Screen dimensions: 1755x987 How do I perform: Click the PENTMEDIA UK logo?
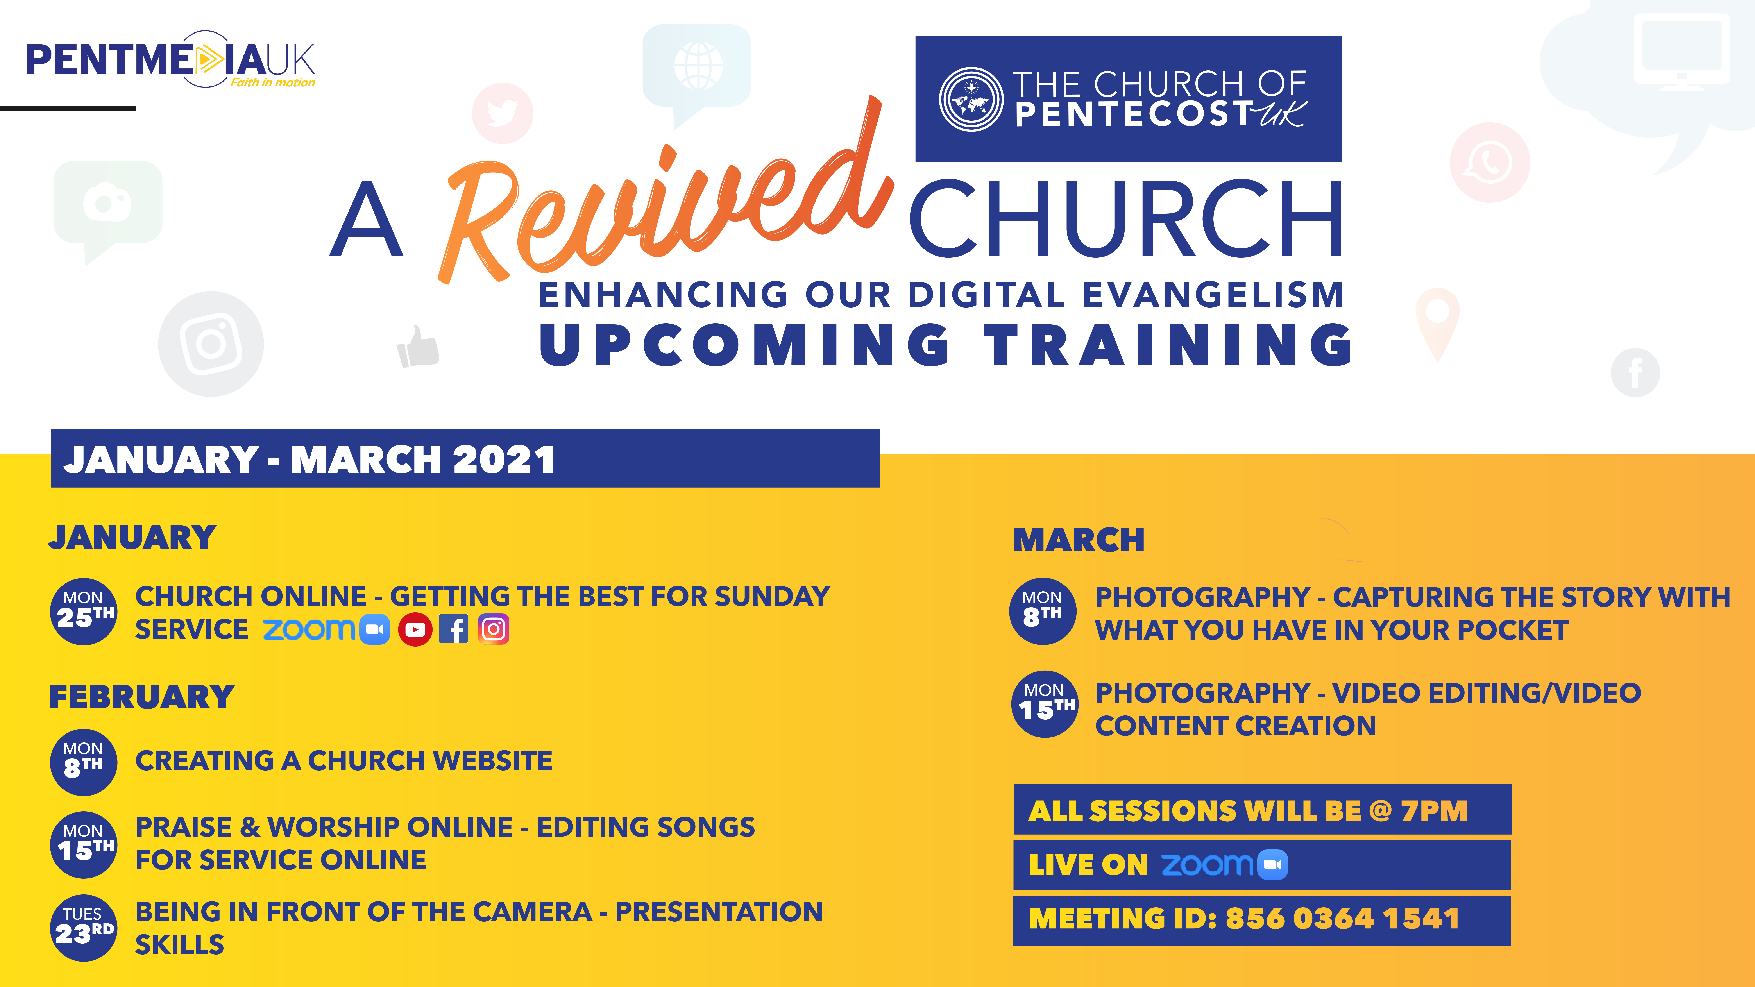(x=170, y=60)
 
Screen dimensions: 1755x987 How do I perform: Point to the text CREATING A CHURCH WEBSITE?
(x=344, y=760)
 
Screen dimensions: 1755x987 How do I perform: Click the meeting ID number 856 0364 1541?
(x=1342, y=918)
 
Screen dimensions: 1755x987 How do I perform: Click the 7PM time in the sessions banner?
(x=1433, y=811)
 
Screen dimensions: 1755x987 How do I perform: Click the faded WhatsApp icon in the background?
(x=1490, y=162)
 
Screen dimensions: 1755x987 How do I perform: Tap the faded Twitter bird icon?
(x=503, y=113)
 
